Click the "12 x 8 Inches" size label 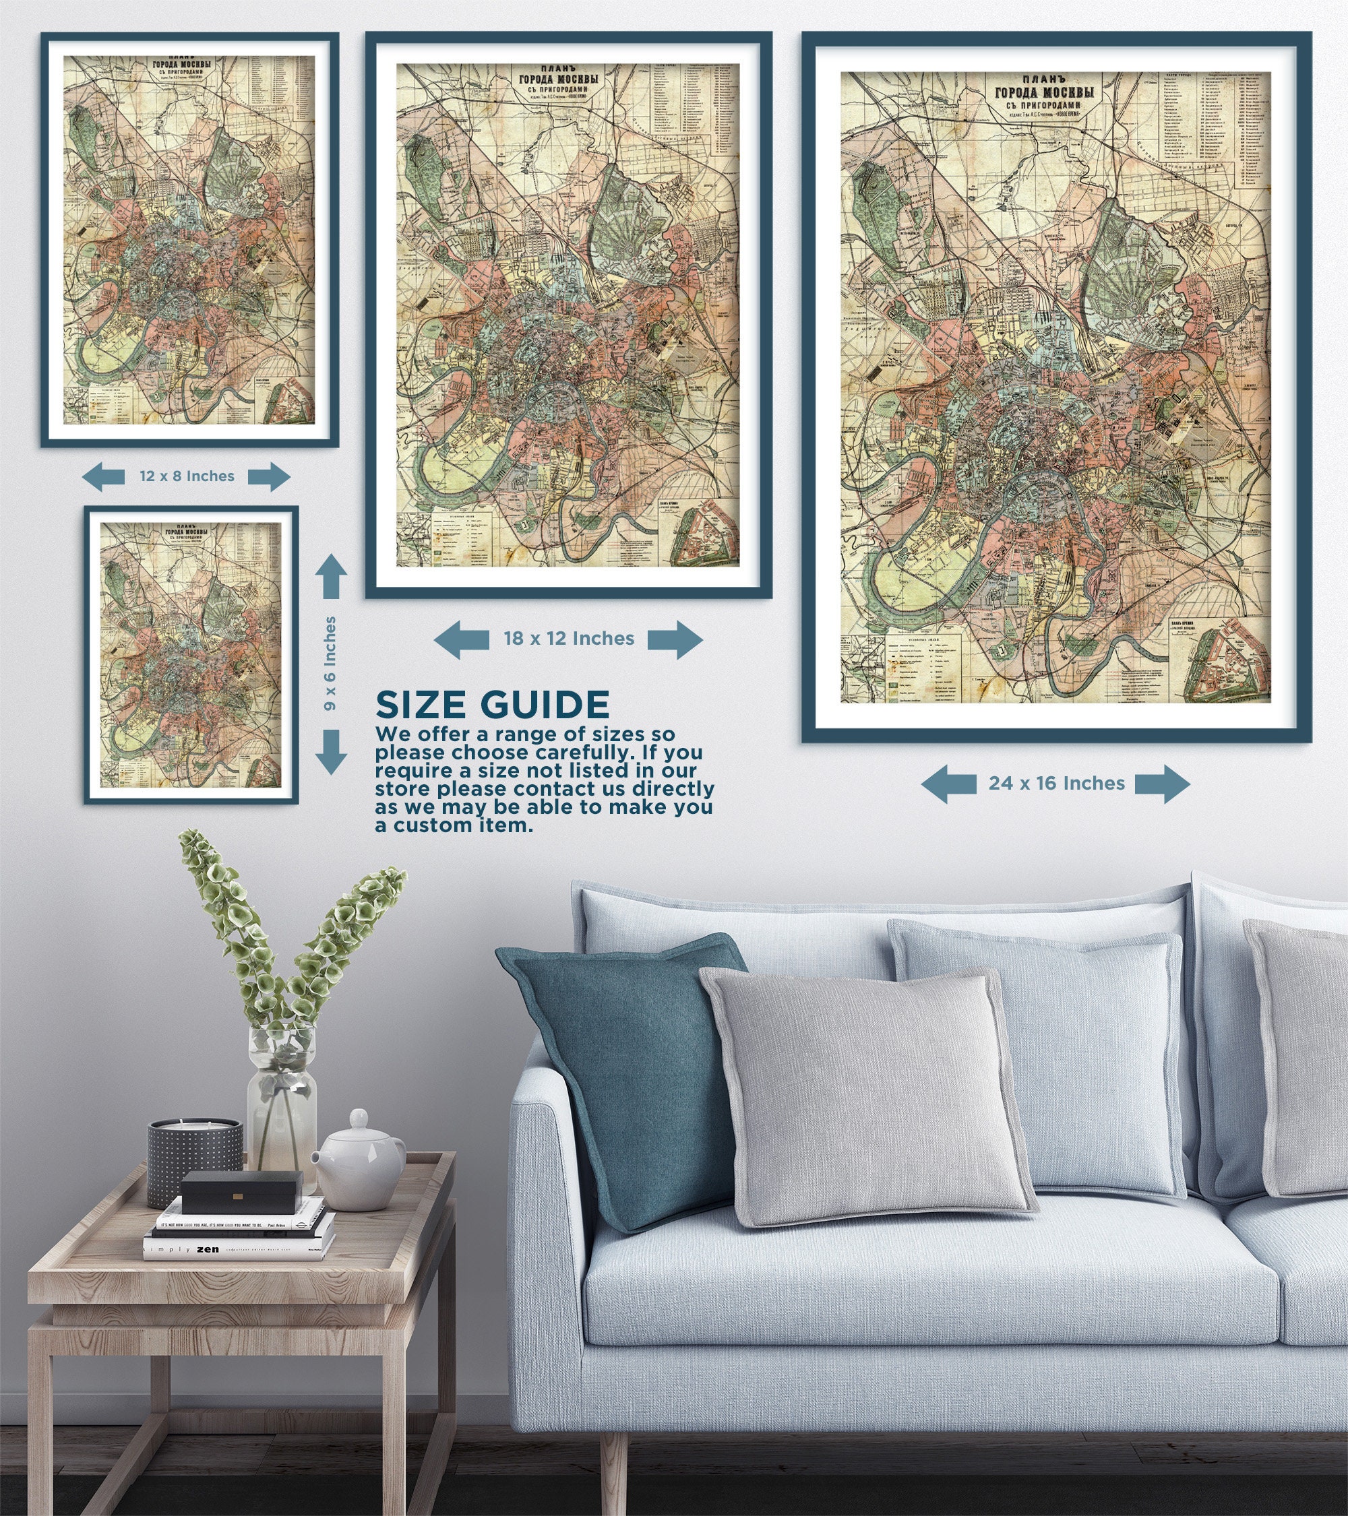point(186,476)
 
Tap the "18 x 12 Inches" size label point(568,639)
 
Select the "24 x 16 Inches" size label point(1056,783)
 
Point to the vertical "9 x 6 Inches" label point(330,663)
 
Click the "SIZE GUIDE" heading point(493,705)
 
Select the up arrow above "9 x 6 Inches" point(331,576)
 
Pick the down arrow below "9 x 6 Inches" point(331,751)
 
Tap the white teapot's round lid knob point(359,1116)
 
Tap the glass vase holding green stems point(282,1090)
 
